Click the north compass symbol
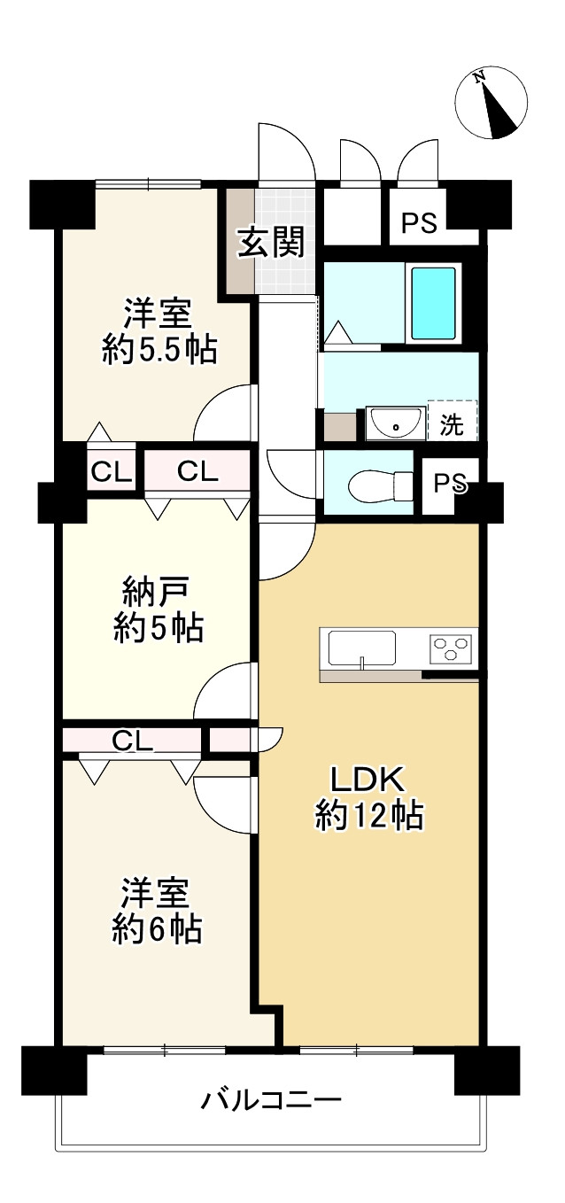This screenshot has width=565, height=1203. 491,103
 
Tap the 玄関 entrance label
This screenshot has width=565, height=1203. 272,242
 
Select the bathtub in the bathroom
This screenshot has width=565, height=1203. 433,303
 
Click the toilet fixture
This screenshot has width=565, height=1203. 380,485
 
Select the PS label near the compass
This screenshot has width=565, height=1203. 420,222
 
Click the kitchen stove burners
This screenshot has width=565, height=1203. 451,647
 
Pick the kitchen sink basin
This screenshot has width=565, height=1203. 362,648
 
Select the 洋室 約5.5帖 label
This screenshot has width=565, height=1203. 159,332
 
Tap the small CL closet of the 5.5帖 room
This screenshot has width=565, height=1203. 112,473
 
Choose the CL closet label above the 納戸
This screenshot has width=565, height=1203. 197,472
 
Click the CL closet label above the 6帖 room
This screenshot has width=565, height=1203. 133,741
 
